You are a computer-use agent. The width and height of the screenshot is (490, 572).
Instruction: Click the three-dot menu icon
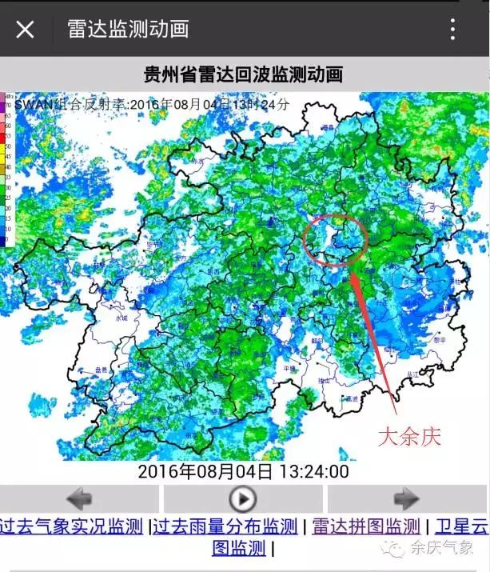tap(452, 30)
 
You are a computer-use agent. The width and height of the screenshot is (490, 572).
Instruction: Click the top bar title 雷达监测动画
tap(128, 30)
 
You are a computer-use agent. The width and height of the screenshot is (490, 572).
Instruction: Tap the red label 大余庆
tap(409, 436)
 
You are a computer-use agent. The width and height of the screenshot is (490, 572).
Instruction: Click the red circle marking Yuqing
tap(335, 238)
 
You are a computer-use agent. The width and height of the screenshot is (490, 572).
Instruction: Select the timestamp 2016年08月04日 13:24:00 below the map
tap(243, 471)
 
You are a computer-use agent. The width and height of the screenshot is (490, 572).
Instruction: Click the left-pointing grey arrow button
tap(80, 499)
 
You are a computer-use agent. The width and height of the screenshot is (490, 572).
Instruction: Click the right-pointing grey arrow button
tap(407, 499)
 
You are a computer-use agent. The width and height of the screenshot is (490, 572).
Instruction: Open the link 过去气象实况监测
tap(72, 526)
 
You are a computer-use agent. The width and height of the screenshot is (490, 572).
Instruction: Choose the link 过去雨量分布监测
tap(225, 526)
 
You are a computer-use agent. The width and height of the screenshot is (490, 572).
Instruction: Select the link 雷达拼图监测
tap(365, 526)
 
